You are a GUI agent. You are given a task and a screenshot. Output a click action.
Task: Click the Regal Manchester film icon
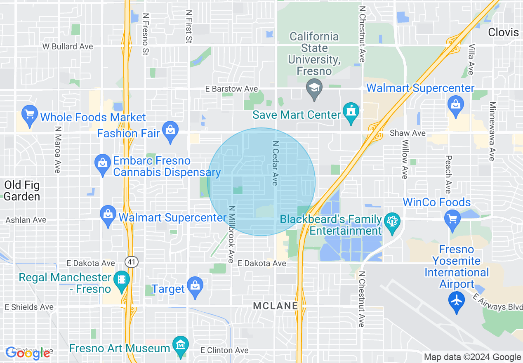pos(122,280)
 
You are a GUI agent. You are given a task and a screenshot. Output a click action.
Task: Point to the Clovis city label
pos(503,33)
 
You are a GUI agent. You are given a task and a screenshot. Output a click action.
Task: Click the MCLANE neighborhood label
pos(276,306)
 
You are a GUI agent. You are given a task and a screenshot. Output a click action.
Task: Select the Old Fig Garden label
pos(22,191)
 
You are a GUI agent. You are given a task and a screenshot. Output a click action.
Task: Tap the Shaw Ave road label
pos(408,133)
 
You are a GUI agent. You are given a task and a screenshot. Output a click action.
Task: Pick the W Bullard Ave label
pos(68,47)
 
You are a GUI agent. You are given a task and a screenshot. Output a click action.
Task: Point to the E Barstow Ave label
pos(232,89)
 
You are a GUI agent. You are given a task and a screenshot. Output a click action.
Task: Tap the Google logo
pos(28,353)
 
